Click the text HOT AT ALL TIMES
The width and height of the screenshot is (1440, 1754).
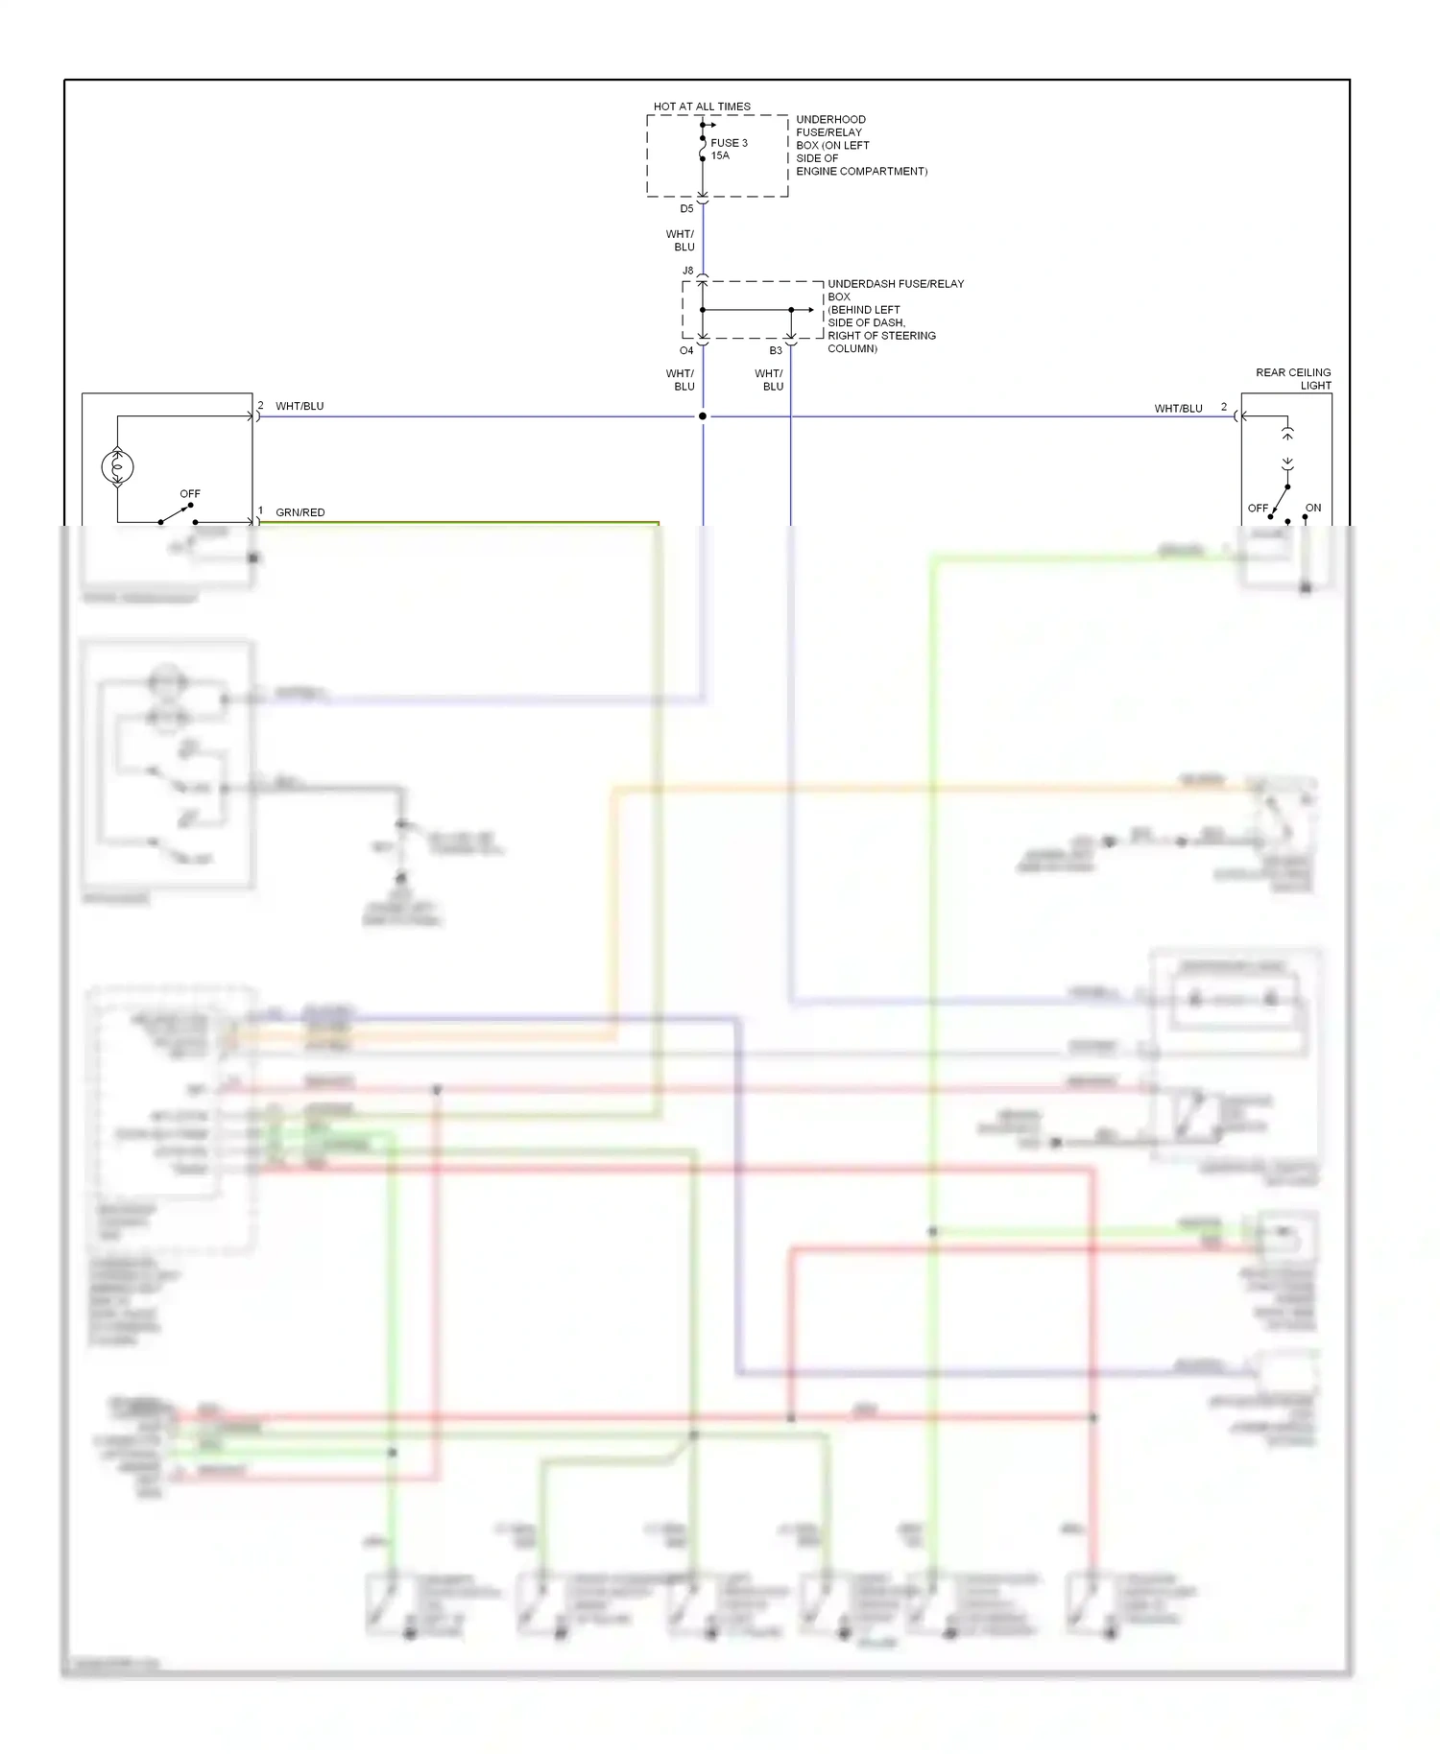click(x=702, y=107)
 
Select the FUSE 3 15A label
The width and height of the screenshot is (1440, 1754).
click(x=728, y=149)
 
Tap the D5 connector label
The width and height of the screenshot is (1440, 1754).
click(x=686, y=209)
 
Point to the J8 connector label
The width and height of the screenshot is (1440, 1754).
click(x=687, y=271)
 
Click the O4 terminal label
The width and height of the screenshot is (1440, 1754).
click(x=686, y=351)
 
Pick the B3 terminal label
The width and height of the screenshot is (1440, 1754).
click(x=776, y=351)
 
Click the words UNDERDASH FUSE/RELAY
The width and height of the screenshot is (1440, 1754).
click(x=895, y=284)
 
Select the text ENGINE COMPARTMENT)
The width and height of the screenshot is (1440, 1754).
click(x=861, y=172)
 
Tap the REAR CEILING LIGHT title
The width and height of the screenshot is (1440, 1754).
click(x=1293, y=379)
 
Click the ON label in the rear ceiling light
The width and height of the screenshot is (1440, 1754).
click(x=1312, y=508)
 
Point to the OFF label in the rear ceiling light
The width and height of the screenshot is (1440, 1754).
click(x=1258, y=508)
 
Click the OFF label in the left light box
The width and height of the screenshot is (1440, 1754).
click(x=190, y=494)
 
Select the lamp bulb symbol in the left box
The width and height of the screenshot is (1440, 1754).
click(x=117, y=467)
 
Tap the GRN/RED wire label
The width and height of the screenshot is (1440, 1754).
click(x=300, y=512)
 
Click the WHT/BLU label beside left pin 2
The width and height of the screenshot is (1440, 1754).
click(x=300, y=407)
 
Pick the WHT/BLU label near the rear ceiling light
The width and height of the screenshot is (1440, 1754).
click(x=1178, y=409)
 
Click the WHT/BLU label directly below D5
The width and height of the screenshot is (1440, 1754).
click(x=680, y=241)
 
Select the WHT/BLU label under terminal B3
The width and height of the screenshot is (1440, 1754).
click(x=769, y=380)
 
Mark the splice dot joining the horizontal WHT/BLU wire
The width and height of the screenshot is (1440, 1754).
click(x=703, y=416)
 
